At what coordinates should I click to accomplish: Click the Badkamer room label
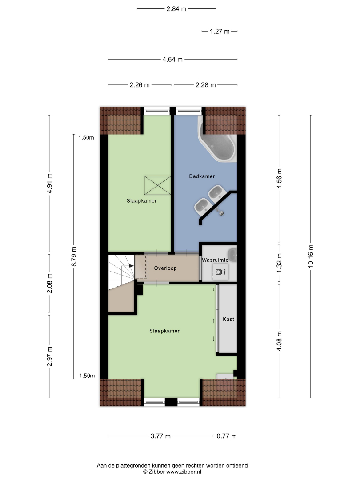tap(202, 176)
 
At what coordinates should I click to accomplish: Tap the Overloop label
tap(165, 268)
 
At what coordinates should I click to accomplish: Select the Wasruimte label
tap(215, 260)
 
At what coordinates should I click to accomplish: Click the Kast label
tap(228, 319)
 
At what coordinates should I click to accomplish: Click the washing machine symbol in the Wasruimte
tap(220, 272)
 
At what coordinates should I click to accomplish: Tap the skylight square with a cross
tap(158, 185)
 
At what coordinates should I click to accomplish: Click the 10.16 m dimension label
tap(311, 256)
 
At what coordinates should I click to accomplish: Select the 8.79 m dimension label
tap(74, 256)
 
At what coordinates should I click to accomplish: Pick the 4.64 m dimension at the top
tap(172, 60)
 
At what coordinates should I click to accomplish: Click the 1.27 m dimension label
tap(220, 32)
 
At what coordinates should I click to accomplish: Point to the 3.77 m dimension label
tap(161, 436)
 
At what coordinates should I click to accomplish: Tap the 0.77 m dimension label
tap(227, 436)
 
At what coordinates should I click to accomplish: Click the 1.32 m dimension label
tap(279, 263)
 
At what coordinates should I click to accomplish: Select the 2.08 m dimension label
tap(50, 284)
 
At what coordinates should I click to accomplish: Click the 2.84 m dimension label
tap(176, 9)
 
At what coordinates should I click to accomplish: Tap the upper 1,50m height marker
tap(86, 138)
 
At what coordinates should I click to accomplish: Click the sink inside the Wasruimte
tap(232, 255)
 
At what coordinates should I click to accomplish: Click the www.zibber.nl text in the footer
tap(184, 472)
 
